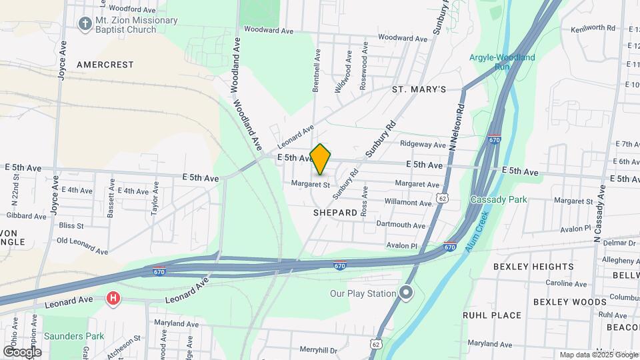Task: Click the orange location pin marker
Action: click(x=321, y=159)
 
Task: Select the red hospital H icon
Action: click(x=113, y=298)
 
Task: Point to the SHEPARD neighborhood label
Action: click(x=335, y=213)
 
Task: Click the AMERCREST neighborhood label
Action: click(x=105, y=65)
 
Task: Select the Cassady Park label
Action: click(x=499, y=199)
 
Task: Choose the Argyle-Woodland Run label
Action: click(x=502, y=62)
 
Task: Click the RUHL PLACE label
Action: click(x=492, y=315)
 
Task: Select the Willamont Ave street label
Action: click(x=409, y=203)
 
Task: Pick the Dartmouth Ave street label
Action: click(x=400, y=225)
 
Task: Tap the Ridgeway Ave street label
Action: click(x=423, y=145)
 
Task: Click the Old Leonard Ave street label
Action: click(x=82, y=245)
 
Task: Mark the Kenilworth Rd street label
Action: click(x=592, y=28)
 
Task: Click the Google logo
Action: click(x=22, y=351)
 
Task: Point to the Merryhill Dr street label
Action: click(x=320, y=349)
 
